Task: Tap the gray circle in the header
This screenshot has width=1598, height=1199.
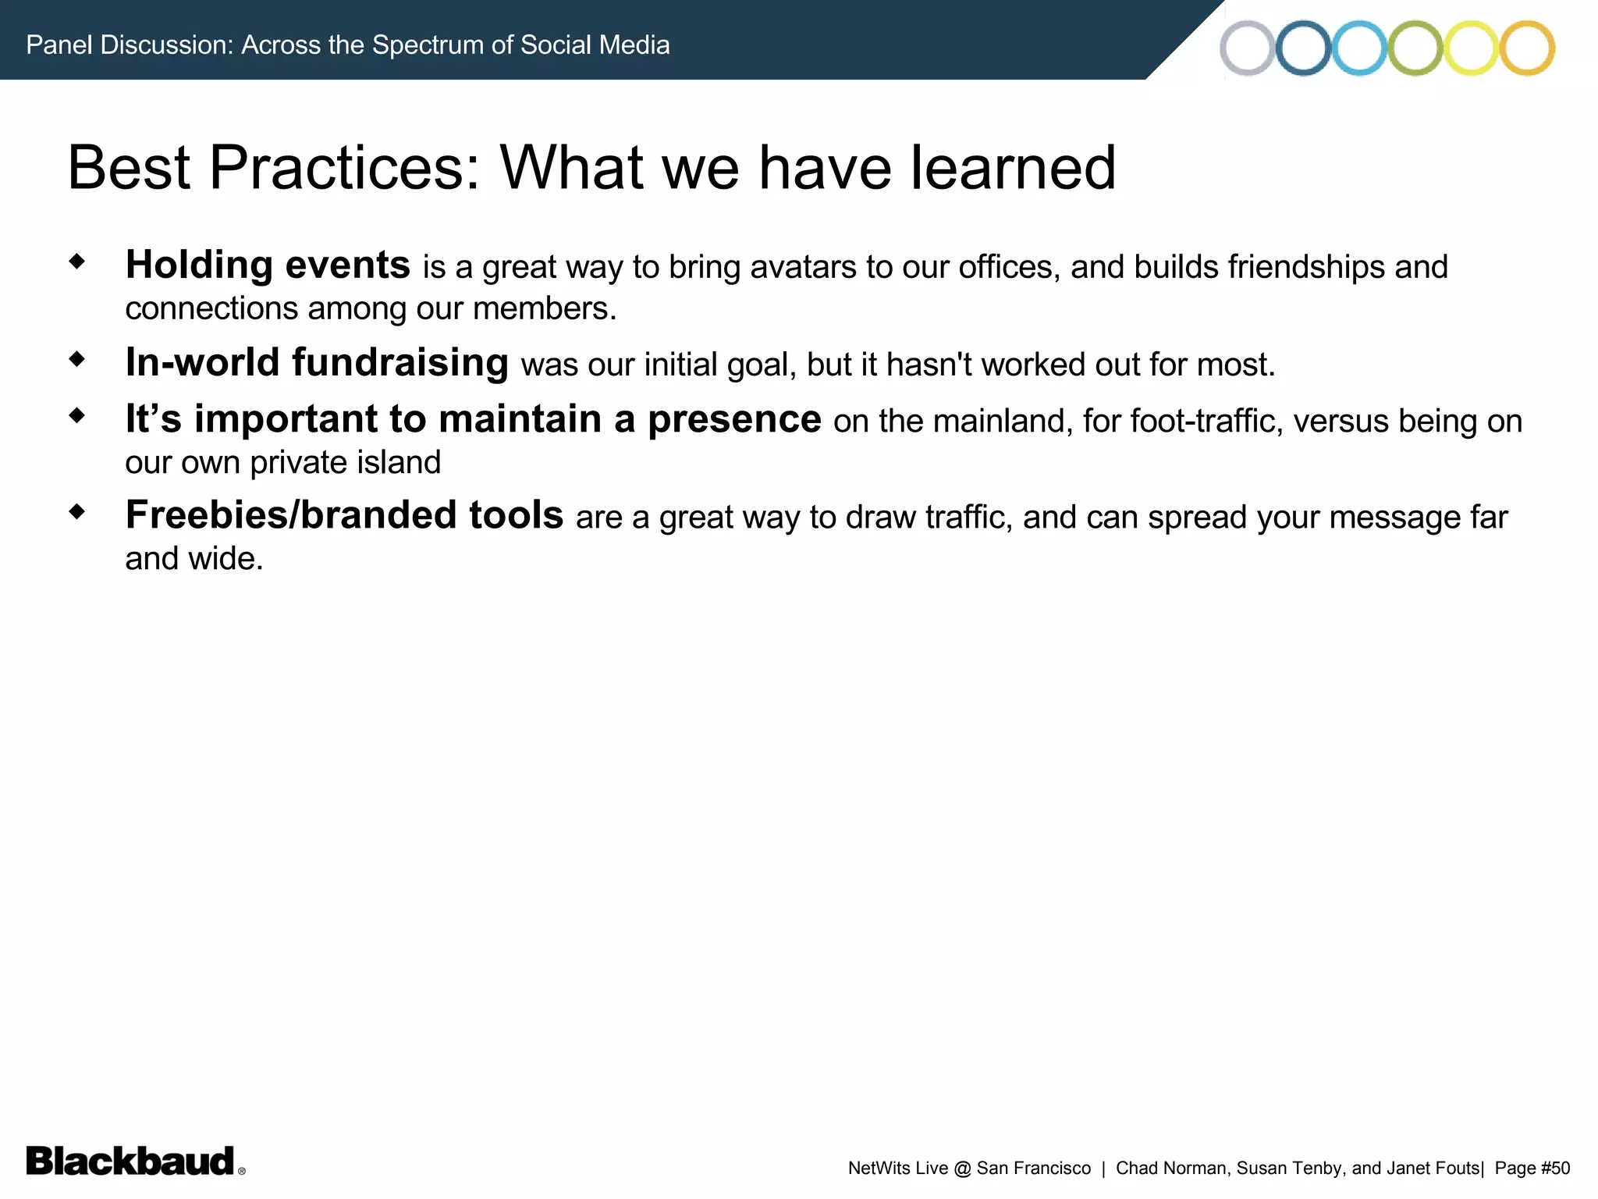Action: pyautogui.click(x=1247, y=48)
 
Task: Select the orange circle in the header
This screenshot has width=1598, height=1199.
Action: pyautogui.click(x=1527, y=48)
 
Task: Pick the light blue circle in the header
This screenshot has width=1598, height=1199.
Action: pyautogui.click(x=1359, y=48)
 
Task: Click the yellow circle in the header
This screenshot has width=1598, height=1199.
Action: pyautogui.click(x=1471, y=48)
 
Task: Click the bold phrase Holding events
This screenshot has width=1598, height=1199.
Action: pyautogui.click(x=268, y=265)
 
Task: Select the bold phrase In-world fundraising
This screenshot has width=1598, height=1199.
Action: pyautogui.click(x=317, y=362)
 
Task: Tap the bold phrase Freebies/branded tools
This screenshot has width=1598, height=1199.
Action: pyautogui.click(x=344, y=515)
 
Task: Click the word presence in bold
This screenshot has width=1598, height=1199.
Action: pyautogui.click(x=734, y=419)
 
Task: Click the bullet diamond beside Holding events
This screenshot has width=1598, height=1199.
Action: pyautogui.click(x=76, y=261)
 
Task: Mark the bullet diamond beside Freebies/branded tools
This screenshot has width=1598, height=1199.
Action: pyautogui.click(x=76, y=512)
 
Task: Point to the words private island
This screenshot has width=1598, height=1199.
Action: pyautogui.click(x=345, y=463)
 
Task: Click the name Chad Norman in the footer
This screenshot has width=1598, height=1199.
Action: pyautogui.click(x=1171, y=1168)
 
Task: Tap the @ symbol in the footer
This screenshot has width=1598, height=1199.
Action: pyautogui.click(x=962, y=1169)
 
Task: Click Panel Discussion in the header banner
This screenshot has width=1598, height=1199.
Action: pyautogui.click(x=130, y=44)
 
